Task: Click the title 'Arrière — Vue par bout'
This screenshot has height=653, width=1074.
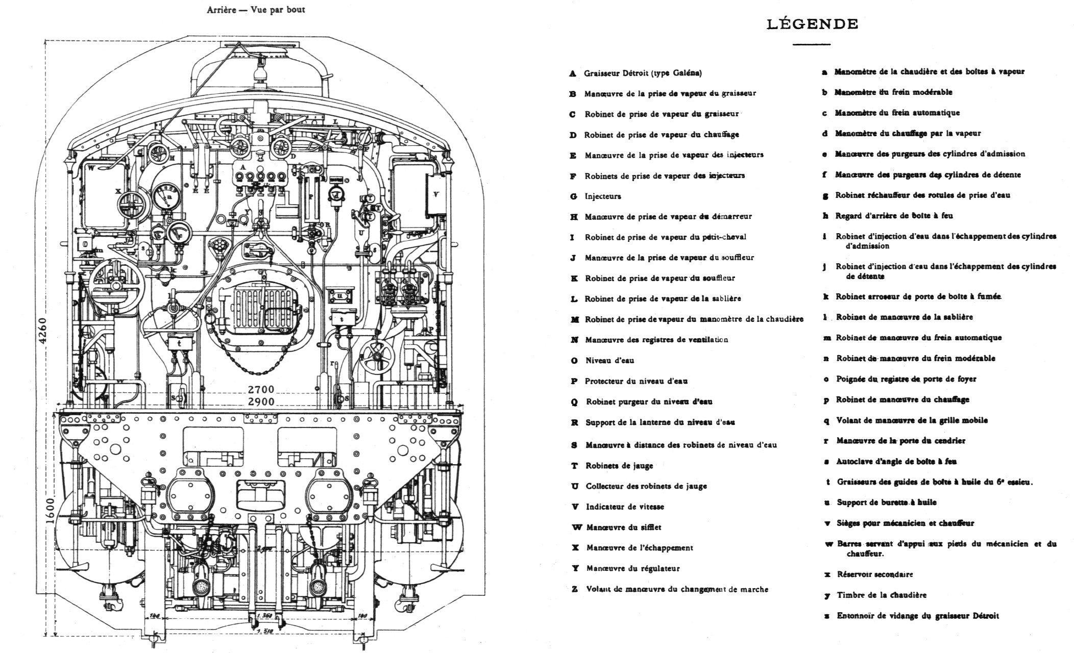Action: click(256, 10)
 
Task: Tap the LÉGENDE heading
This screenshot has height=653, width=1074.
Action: click(812, 24)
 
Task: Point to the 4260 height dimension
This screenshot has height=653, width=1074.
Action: click(43, 331)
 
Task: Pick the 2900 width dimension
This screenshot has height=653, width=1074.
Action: click(261, 402)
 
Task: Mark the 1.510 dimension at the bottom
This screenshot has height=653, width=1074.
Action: click(264, 632)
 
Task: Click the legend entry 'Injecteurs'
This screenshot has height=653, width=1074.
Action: click(603, 196)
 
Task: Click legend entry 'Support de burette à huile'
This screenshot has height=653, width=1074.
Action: click(887, 503)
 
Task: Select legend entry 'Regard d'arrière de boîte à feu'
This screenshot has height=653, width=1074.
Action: click(894, 216)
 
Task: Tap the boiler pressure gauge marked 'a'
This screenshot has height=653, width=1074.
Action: click(167, 196)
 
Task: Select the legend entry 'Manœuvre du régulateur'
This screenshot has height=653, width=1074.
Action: click(633, 569)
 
